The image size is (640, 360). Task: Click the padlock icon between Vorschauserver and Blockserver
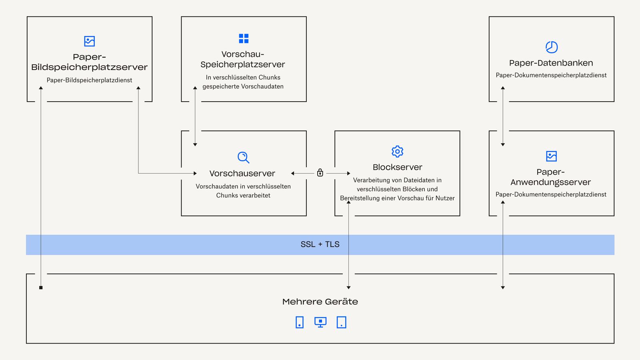pyautogui.click(x=320, y=172)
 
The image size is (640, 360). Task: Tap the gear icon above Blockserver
pyautogui.click(x=397, y=152)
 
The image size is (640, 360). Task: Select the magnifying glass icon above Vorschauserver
pyautogui.click(x=243, y=157)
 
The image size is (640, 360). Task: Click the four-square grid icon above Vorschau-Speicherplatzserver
pyautogui.click(x=244, y=38)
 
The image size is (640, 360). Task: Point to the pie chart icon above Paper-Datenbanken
pyautogui.click(x=552, y=47)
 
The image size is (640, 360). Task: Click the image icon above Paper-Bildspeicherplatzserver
pyautogui.click(x=90, y=41)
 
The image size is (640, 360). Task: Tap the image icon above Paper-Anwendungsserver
pyautogui.click(x=551, y=156)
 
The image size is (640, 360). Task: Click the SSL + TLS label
pyautogui.click(x=320, y=244)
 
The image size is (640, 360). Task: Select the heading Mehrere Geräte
pyautogui.click(x=320, y=302)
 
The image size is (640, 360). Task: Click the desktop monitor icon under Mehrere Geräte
pyautogui.click(x=320, y=322)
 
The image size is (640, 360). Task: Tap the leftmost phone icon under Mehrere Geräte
pyautogui.click(x=300, y=322)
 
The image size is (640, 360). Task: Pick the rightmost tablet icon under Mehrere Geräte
pyautogui.click(x=341, y=322)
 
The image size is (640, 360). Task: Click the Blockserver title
pyautogui.click(x=397, y=167)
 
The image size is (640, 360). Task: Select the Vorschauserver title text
pyautogui.click(x=242, y=174)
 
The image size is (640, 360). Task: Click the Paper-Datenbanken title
pyautogui.click(x=551, y=63)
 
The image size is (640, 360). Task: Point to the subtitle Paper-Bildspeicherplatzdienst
pyautogui.click(x=89, y=80)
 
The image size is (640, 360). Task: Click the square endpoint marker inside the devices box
pyautogui.click(x=41, y=288)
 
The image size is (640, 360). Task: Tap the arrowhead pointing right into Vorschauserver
pyautogui.click(x=195, y=173)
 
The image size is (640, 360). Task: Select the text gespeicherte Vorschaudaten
pyautogui.click(x=243, y=86)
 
